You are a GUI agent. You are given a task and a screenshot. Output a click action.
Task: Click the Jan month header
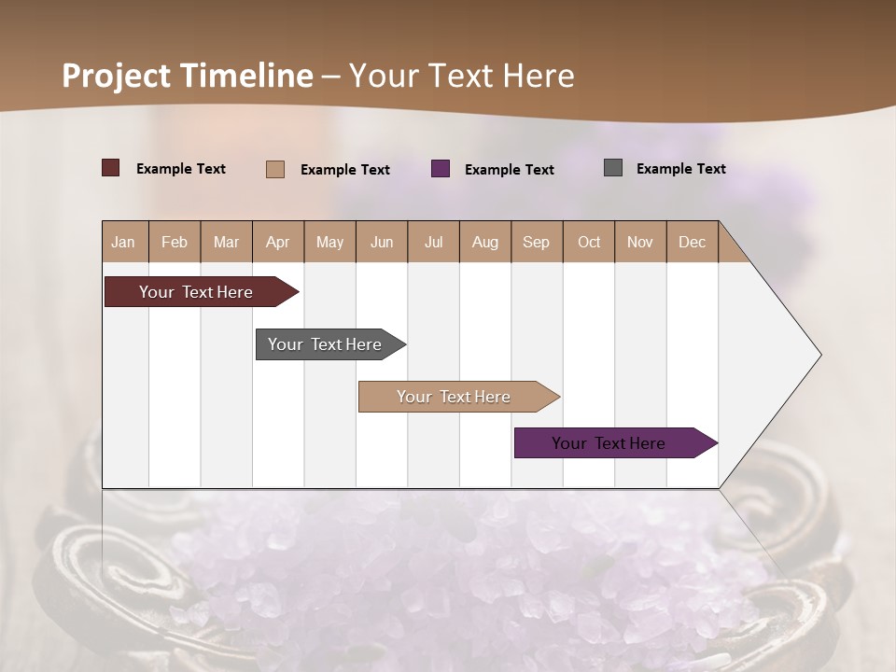point(124,242)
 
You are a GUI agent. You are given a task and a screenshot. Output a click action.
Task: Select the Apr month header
point(278,242)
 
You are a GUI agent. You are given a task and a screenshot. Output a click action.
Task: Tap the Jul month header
point(433,242)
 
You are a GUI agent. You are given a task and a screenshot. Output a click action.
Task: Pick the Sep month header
point(537,242)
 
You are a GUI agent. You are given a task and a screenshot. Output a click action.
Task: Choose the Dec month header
point(692,242)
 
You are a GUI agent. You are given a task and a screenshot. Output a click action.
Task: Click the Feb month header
point(175,242)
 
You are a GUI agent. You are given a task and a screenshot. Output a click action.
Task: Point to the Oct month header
point(589,242)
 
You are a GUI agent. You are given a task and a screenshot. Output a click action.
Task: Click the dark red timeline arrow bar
point(197,292)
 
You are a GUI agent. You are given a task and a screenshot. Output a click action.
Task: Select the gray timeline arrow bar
point(326,344)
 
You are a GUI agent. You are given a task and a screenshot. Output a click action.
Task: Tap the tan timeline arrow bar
point(455,397)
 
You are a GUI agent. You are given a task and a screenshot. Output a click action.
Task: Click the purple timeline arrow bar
point(609,442)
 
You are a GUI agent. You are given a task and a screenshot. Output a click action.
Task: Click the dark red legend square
point(111,168)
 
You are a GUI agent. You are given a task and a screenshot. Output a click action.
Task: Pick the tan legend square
point(275,169)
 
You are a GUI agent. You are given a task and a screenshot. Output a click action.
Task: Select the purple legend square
point(441,169)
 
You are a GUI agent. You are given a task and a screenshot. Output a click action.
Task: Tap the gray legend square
point(613,168)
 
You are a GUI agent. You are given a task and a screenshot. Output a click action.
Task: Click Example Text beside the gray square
point(680,169)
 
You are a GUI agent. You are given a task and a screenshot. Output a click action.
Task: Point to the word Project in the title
point(116,76)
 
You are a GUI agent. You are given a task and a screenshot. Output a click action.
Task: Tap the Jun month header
point(382,242)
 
